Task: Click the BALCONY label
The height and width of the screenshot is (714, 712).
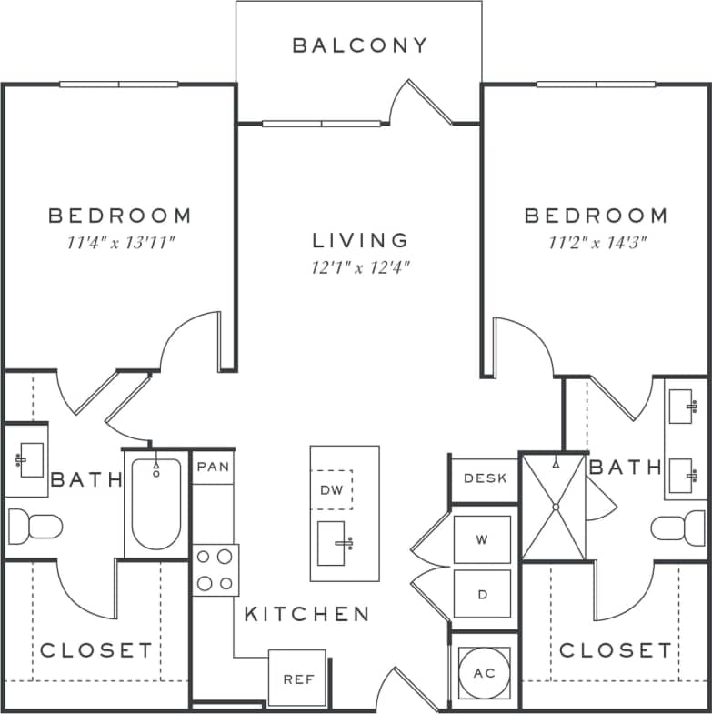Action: [359, 45]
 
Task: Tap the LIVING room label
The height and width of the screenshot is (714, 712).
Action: [360, 240]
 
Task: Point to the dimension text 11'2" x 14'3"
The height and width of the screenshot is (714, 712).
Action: [596, 242]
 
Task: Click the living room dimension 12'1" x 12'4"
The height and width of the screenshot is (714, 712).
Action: [360, 267]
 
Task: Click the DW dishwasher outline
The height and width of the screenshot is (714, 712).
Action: [331, 490]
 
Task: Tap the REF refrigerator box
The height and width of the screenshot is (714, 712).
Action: [296, 679]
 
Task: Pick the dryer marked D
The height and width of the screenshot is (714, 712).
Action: [482, 596]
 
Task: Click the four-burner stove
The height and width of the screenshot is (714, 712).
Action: [216, 570]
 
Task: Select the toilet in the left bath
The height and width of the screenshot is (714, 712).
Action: [35, 526]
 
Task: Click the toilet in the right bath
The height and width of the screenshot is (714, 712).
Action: [678, 528]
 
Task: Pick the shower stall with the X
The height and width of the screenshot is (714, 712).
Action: [553, 506]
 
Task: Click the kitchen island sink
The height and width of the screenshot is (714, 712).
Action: [332, 544]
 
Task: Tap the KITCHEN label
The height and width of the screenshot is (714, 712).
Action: [306, 614]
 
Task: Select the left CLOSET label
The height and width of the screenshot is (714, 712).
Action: [96, 650]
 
